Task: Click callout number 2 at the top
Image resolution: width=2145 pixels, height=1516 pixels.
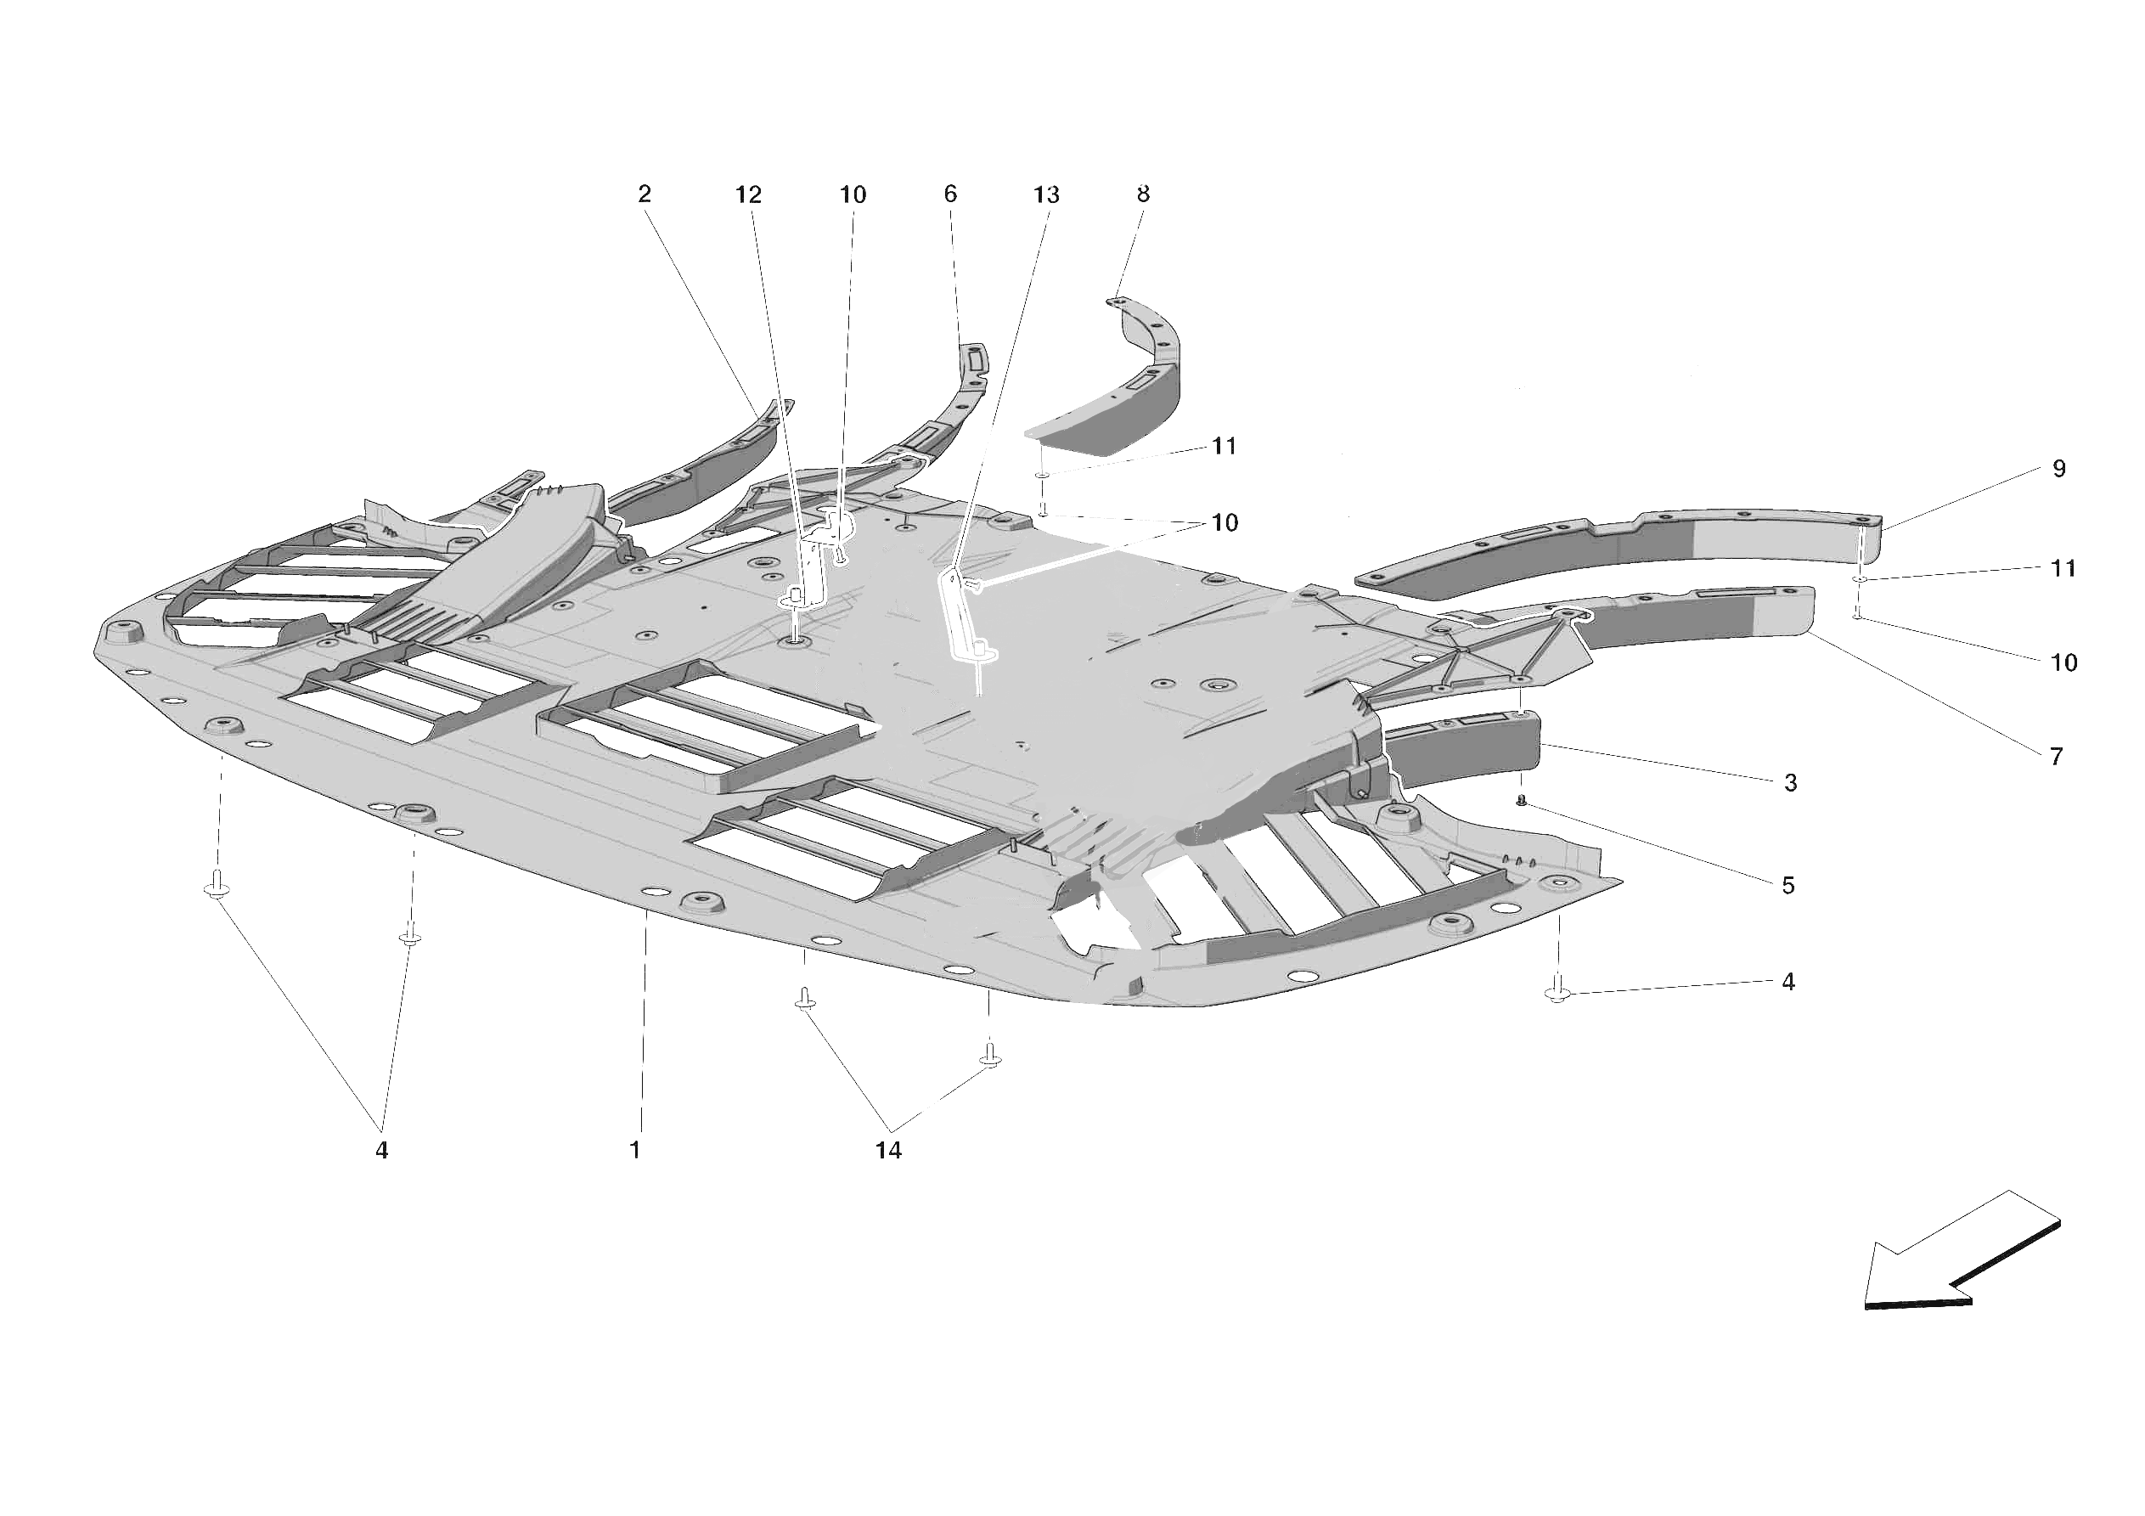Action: coord(644,194)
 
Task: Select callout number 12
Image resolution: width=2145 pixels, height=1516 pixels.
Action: coord(748,194)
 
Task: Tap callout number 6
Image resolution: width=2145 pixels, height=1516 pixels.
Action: coord(950,194)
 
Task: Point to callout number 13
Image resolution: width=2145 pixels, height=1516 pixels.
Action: coord(1045,194)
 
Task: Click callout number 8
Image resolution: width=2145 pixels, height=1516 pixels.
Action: coord(1143,194)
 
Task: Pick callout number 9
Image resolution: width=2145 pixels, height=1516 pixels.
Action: coord(2059,468)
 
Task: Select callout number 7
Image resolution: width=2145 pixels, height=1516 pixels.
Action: coord(2056,756)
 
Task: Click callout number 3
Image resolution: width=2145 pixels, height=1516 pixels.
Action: coord(1790,783)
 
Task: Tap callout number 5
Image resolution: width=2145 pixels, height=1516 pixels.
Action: coord(1788,885)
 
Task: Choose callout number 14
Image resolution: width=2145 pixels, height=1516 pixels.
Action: coord(887,1151)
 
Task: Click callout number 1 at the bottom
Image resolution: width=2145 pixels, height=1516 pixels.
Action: coord(635,1150)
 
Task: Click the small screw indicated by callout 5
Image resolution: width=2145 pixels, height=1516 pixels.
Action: coord(1521,801)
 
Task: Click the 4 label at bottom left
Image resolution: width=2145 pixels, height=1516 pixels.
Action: coord(381,1151)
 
